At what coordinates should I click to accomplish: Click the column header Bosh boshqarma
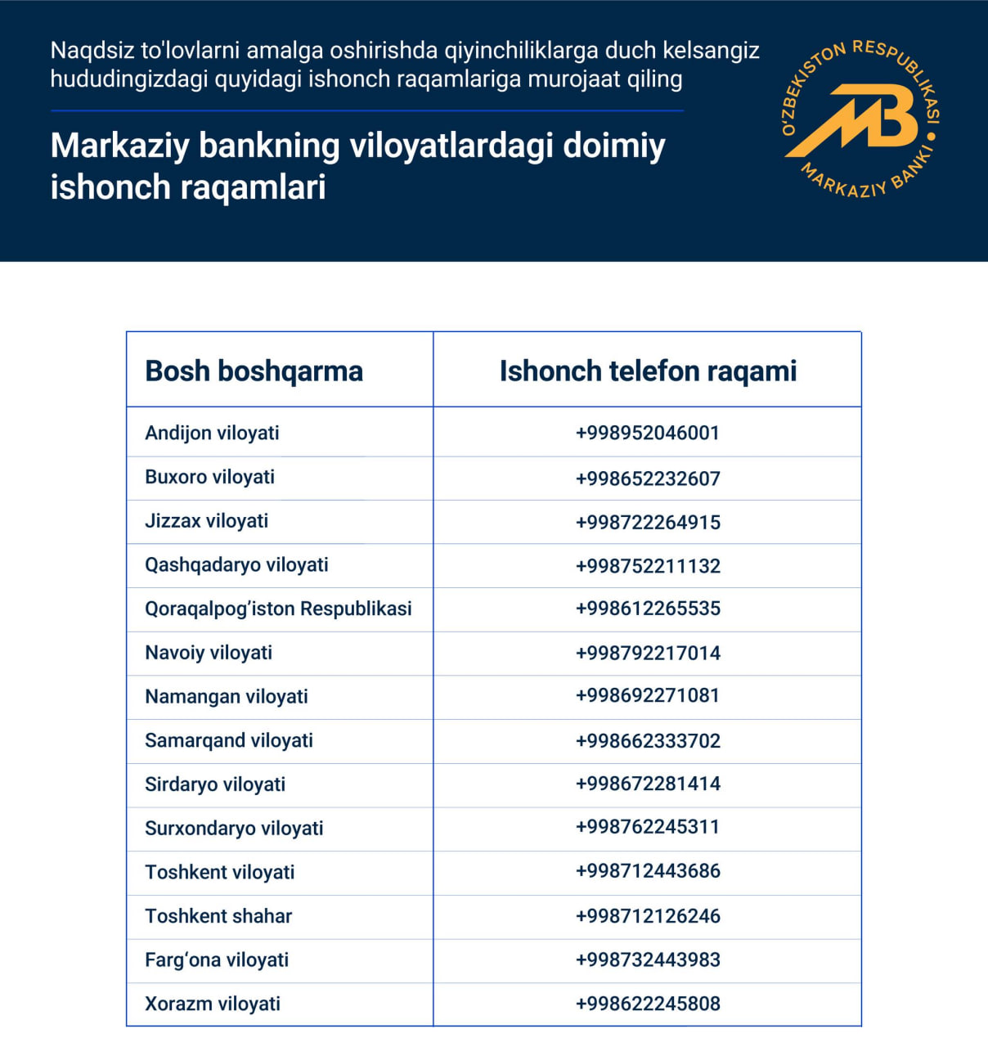point(254,371)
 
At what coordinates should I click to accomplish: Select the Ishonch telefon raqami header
point(648,371)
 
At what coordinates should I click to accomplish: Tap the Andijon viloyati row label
point(212,433)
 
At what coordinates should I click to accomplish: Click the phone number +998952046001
point(648,433)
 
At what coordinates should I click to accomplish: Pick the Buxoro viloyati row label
point(209,477)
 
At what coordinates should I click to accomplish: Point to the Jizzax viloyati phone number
point(648,522)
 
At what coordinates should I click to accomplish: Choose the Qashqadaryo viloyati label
point(236,564)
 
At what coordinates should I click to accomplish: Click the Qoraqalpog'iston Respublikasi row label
point(278,609)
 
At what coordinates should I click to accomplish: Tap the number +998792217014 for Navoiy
point(648,653)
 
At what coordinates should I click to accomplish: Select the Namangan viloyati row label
point(227,697)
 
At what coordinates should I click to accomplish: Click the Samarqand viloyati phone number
point(648,741)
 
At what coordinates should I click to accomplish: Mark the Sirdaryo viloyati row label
point(215,784)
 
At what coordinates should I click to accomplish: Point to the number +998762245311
point(648,827)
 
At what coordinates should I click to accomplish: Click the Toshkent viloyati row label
point(219,872)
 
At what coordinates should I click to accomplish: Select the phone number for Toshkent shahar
point(648,916)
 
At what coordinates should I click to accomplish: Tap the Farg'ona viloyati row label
point(217,959)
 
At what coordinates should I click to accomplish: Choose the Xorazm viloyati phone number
point(648,1004)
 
